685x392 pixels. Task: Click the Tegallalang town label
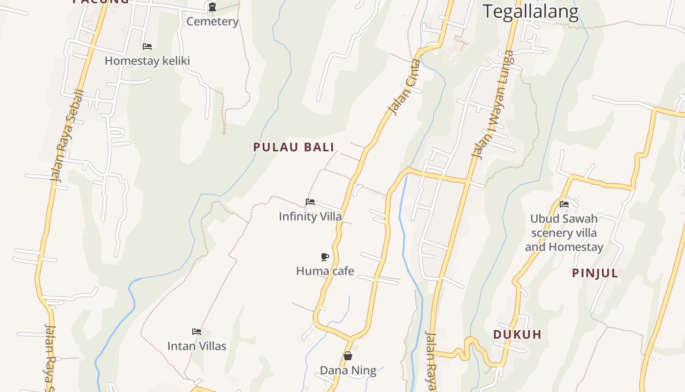pos(531,11)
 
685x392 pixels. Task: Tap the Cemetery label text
pos(212,22)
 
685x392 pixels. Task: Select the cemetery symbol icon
pos(212,7)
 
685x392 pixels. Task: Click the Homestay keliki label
pos(147,61)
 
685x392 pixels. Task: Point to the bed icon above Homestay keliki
pos(147,47)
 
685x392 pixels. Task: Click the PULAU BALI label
pos(294,147)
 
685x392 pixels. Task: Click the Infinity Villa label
pos(310,216)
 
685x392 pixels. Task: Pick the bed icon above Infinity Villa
pos(310,201)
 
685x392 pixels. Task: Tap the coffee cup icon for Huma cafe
pos(324,257)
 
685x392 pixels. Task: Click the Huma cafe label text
pos(325,271)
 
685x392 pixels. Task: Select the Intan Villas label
pos(197,346)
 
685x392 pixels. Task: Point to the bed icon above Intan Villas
pos(197,332)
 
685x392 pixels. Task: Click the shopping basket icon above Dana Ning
pos(348,356)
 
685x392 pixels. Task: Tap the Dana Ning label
pos(348,370)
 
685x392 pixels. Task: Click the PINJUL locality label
pos(595,273)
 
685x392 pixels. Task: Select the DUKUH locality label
pos(517,335)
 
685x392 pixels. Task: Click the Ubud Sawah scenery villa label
pos(564,233)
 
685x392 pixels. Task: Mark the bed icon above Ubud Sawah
pos(564,204)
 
